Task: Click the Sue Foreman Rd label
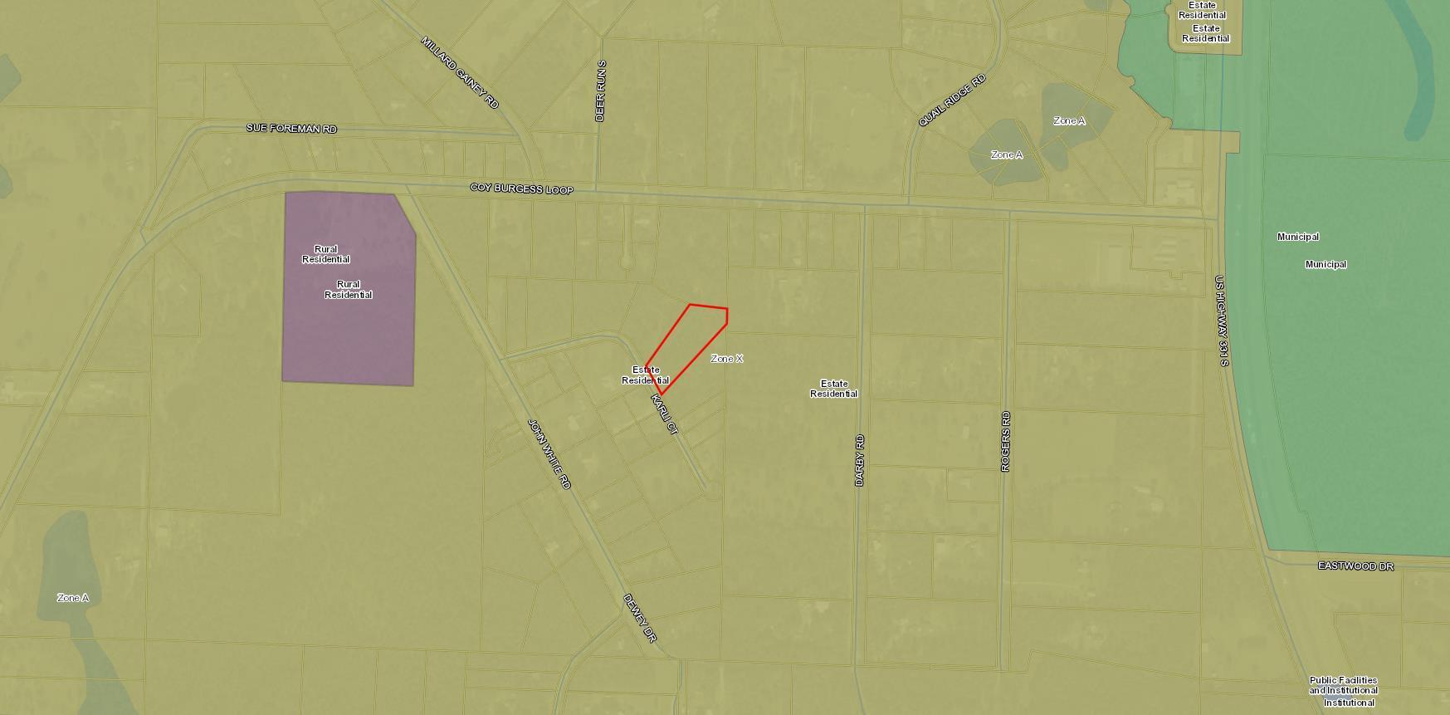coord(291,129)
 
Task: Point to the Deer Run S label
coord(600,91)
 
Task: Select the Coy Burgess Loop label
coord(521,189)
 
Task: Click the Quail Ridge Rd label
coord(951,100)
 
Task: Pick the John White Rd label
coord(549,453)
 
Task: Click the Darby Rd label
coord(860,460)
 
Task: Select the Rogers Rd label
coord(1006,441)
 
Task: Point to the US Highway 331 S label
coord(1221,321)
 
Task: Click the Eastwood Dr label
coord(1355,566)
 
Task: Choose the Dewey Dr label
coord(640,618)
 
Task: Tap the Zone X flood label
coord(727,359)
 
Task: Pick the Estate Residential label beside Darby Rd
coord(833,389)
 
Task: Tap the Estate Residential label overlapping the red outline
coord(646,375)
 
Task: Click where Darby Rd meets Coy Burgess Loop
coord(863,206)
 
